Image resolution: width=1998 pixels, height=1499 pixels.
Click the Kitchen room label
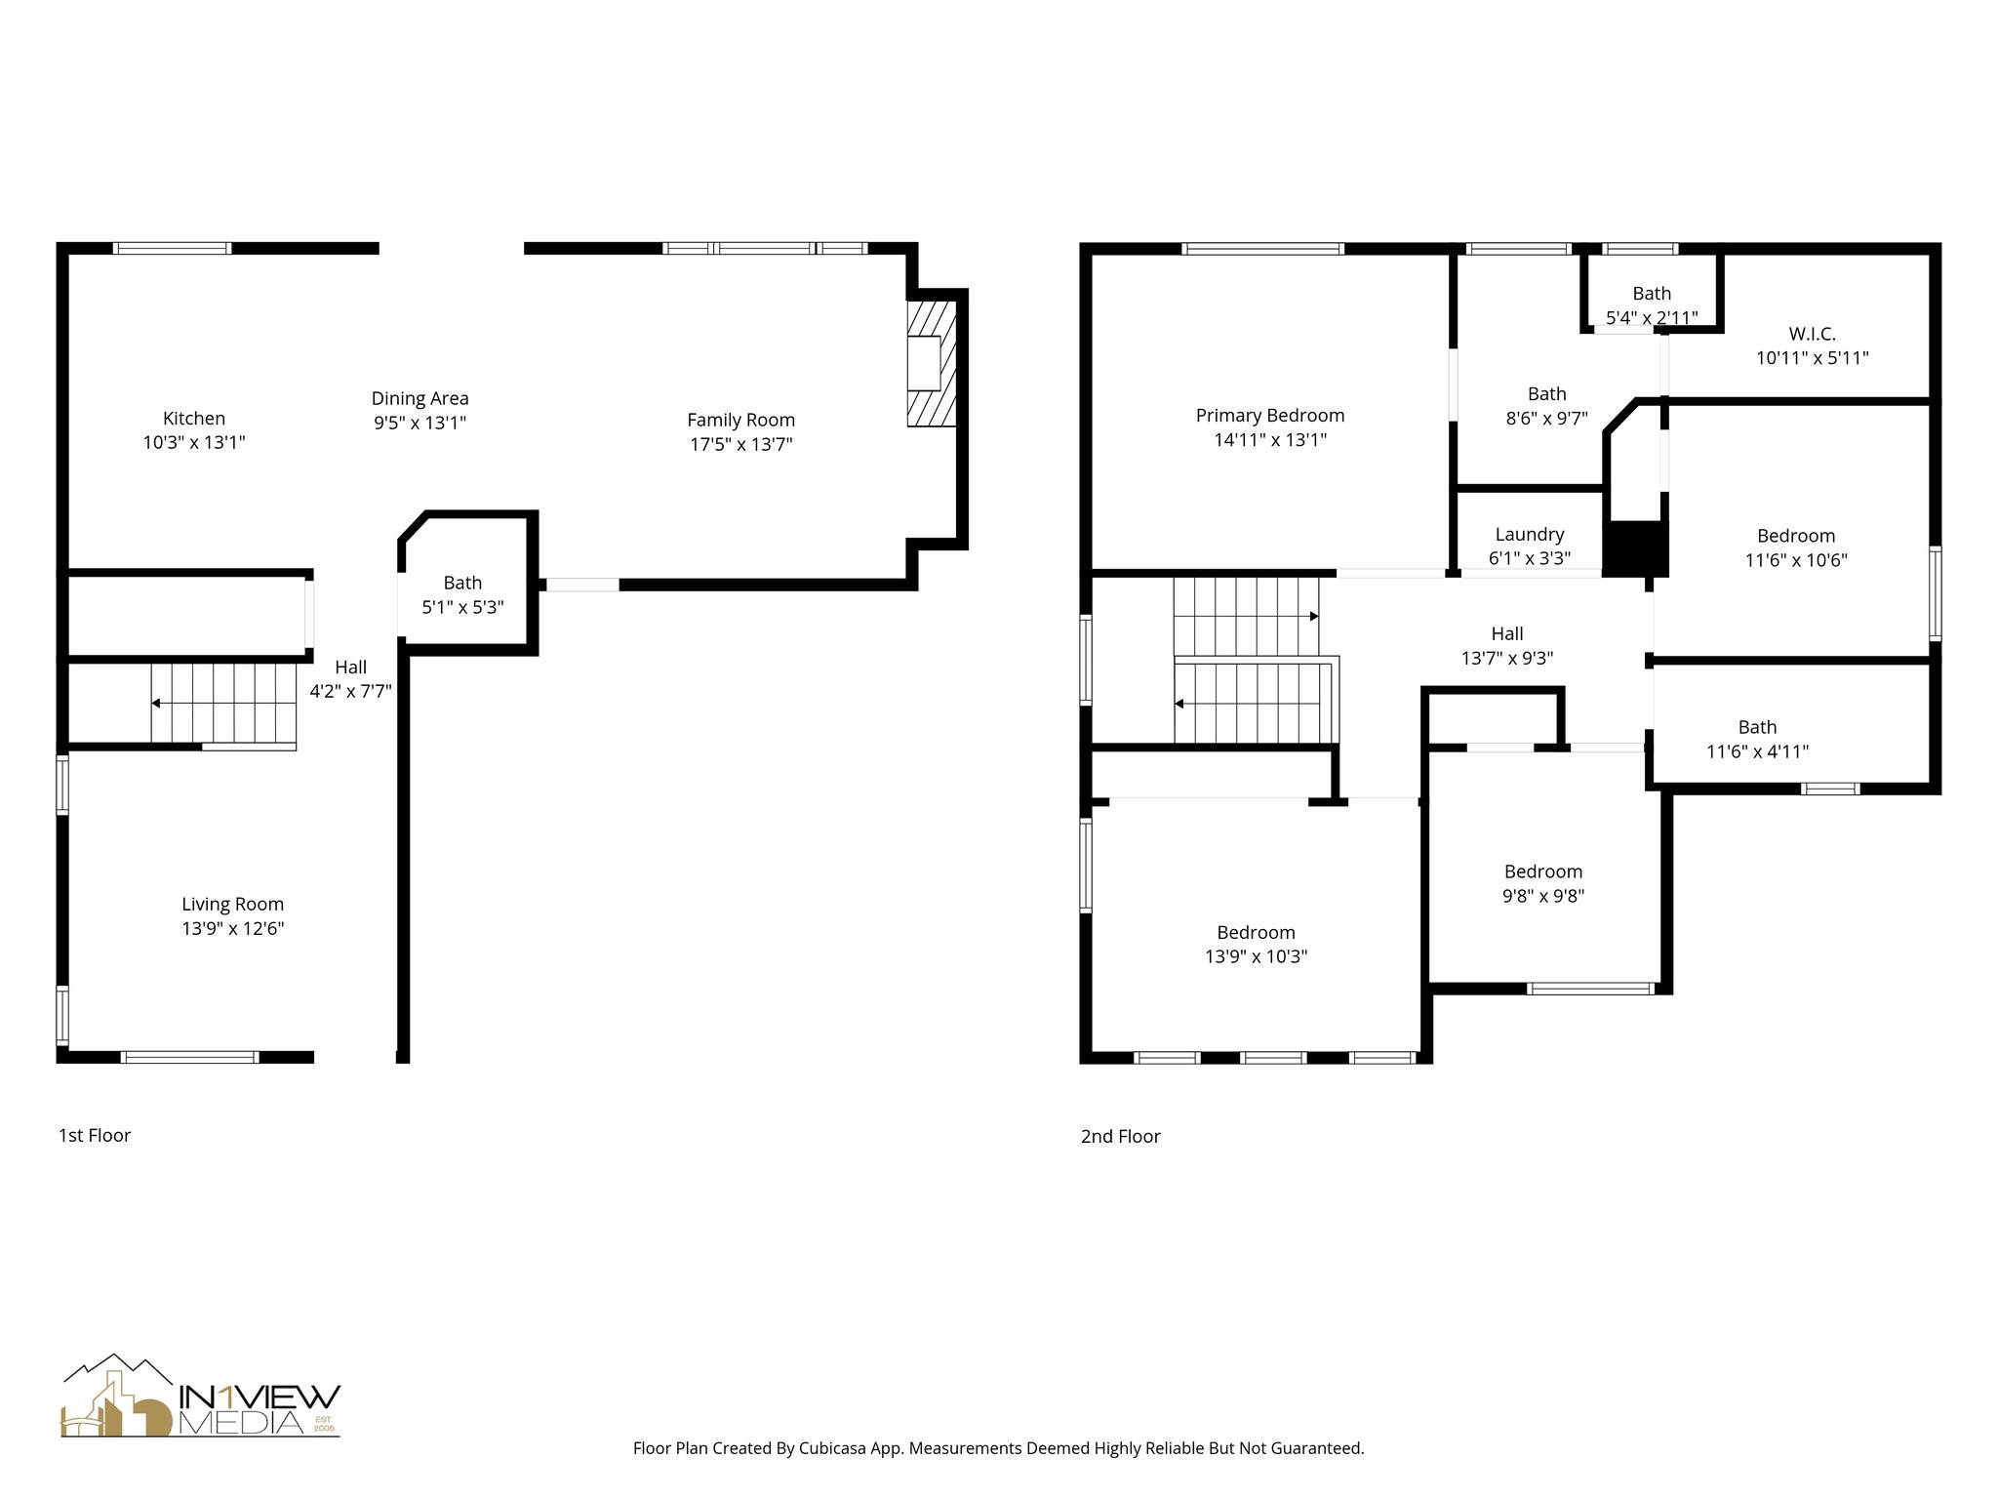point(193,419)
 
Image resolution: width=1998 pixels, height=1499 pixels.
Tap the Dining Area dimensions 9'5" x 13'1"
point(420,424)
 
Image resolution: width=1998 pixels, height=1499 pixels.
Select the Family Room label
point(740,421)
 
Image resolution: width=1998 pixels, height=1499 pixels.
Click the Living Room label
point(232,905)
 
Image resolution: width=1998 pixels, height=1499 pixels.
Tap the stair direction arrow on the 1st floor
point(156,703)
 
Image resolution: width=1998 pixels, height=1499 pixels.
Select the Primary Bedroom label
point(1269,416)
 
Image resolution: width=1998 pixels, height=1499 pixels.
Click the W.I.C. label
point(1812,334)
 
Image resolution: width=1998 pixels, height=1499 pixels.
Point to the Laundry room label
point(1529,535)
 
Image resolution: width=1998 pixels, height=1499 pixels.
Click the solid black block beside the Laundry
point(1636,548)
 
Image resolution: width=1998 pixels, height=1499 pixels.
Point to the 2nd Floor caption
point(1120,1137)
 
